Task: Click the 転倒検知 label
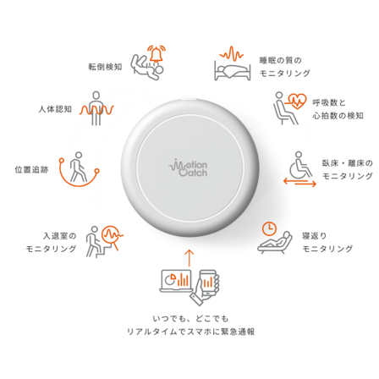[x=105, y=67]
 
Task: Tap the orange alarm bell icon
[x=157, y=54]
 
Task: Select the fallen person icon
[x=146, y=68]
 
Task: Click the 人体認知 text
[x=55, y=109]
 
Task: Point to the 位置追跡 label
[x=31, y=170]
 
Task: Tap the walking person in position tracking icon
[x=78, y=167]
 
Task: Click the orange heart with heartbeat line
[x=296, y=102]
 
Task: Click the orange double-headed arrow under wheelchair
[x=299, y=183]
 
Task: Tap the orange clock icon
[x=269, y=228]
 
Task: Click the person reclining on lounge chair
[x=274, y=243]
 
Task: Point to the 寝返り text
[x=315, y=236]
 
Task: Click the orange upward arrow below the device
[x=189, y=258]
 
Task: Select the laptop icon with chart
[x=176, y=281]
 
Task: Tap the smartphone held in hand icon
[x=206, y=287]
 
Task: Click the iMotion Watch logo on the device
[x=188, y=168]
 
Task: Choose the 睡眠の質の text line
[x=281, y=60]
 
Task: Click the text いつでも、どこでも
[x=190, y=319]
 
